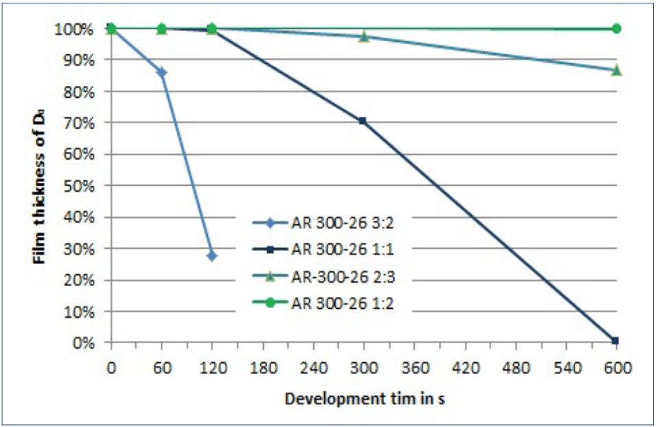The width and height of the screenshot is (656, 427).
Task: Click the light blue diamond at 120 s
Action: pos(212,256)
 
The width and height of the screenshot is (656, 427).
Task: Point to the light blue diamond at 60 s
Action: pos(161,72)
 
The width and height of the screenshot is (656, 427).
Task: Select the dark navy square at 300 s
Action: pos(363,121)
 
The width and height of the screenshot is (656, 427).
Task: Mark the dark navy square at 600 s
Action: pos(615,340)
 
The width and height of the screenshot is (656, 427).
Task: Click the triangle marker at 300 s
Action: pos(364,36)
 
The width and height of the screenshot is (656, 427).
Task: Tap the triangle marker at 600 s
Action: pos(616,70)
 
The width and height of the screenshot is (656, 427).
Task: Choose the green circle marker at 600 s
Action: pos(616,29)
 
